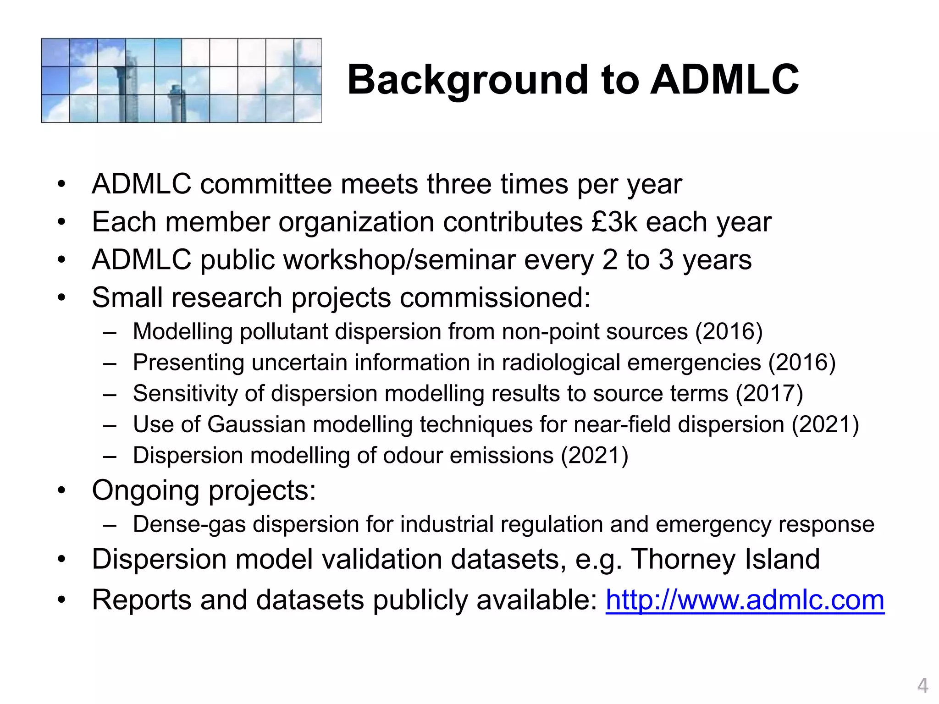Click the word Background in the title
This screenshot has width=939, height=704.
point(468,80)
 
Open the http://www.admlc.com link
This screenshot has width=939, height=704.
point(745,600)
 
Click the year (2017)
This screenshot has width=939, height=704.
point(769,393)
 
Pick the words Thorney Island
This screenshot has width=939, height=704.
point(725,559)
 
